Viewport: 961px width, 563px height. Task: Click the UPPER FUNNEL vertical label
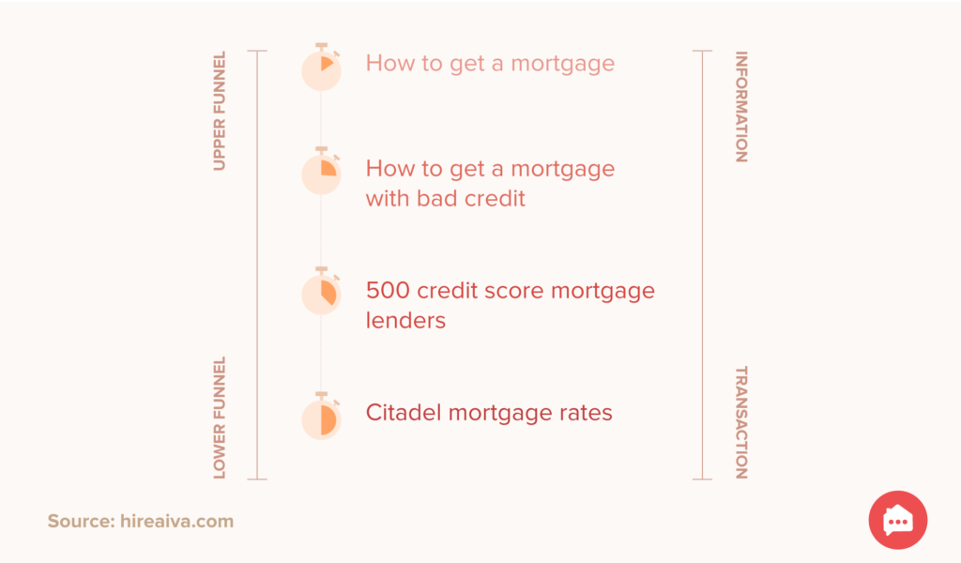click(220, 111)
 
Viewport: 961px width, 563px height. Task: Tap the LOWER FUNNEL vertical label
click(220, 418)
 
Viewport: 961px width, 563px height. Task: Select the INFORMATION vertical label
click(741, 107)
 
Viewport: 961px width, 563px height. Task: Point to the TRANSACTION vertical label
click(741, 422)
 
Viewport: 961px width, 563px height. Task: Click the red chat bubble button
click(898, 520)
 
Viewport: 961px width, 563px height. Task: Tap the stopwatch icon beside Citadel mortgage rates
click(321, 416)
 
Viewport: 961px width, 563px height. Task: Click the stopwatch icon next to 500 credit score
click(321, 291)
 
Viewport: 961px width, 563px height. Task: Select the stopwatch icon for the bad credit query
click(321, 171)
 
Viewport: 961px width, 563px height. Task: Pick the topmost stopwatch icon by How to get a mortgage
click(321, 67)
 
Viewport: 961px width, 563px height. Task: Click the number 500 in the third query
click(388, 290)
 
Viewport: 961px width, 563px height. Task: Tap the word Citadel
click(404, 412)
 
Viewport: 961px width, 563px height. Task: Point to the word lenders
click(405, 320)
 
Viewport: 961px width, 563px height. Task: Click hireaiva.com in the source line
click(176, 522)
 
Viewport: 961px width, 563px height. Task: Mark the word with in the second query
click(388, 199)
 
